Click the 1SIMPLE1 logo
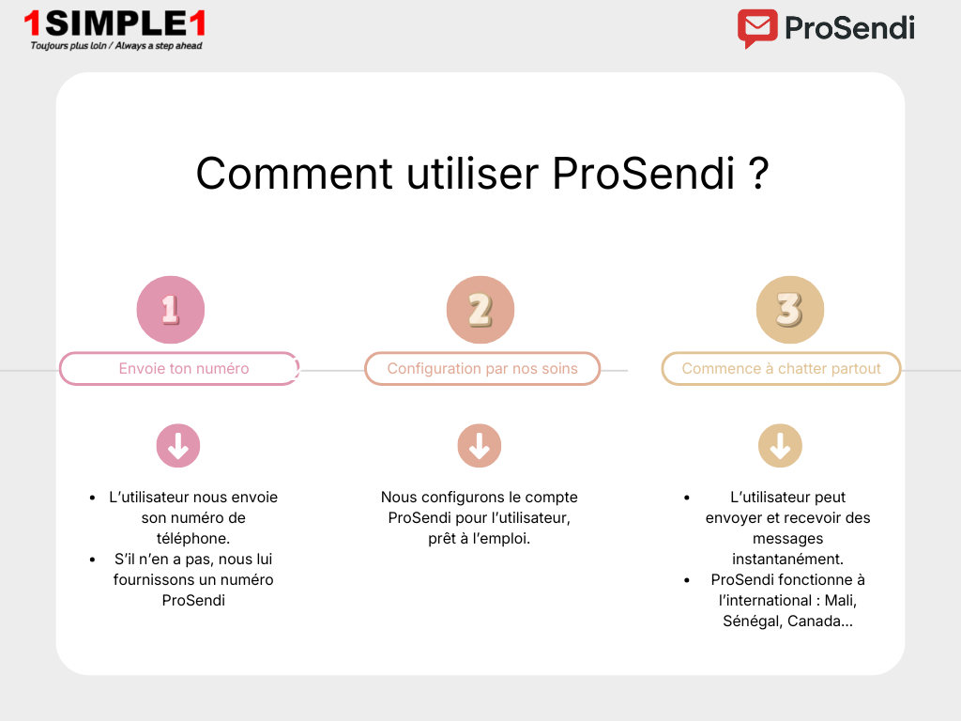[x=115, y=23]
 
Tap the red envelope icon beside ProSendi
[x=757, y=28]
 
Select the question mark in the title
[x=760, y=174]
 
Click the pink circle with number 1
[x=171, y=310]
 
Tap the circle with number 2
[x=480, y=310]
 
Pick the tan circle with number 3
[x=790, y=310]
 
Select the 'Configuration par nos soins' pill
[x=482, y=369]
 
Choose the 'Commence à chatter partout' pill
[x=781, y=369]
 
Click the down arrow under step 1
[x=178, y=446]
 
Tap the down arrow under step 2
[x=480, y=446]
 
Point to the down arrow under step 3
[x=780, y=446]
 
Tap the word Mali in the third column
[x=840, y=601]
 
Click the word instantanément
[x=787, y=560]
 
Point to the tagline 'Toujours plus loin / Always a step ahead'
[x=116, y=45]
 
